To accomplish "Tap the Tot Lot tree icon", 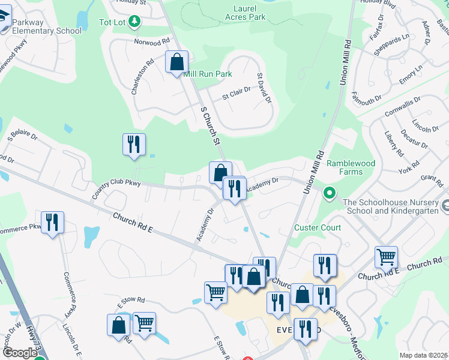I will click(136, 22).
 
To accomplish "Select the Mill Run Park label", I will click(208, 74).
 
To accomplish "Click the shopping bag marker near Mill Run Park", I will click(177, 62).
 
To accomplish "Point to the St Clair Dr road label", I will click(236, 95).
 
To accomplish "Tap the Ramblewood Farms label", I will click(353, 167).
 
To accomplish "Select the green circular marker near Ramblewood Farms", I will click(329, 193).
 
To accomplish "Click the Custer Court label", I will click(318, 227).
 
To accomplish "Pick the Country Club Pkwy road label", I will click(116, 188).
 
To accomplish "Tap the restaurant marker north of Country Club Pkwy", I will click(134, 144).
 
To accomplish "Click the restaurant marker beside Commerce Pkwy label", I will click(53, 223).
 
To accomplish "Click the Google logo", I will click(20, 353).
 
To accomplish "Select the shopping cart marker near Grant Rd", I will click(386, 257).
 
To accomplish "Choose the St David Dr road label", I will click(265, 88).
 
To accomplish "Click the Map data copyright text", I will click(424, 355).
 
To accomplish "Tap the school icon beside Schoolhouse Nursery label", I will click(445, 206).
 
